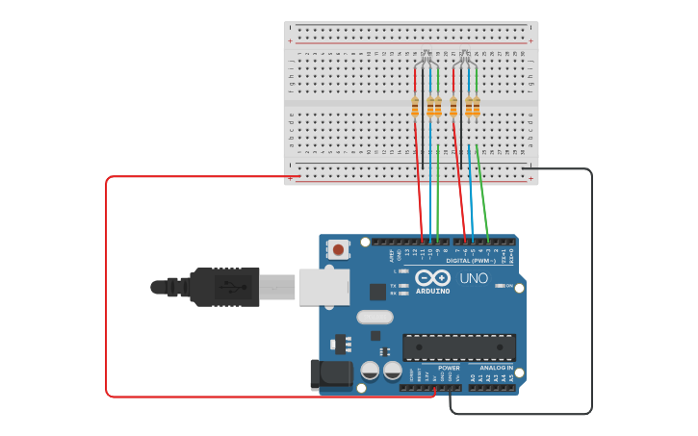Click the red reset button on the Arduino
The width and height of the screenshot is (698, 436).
[x=338, y=249]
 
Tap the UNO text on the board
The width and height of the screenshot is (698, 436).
[x=474, y=278]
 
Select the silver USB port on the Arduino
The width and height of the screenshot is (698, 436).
[x=323, y=287]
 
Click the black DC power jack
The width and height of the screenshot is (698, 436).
[x=330, y=374]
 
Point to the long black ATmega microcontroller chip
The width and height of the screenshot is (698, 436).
[x=458, y=347]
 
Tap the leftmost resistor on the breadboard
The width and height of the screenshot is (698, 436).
[x=415, y=106]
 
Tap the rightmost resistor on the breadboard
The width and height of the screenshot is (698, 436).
[x=477, y=106]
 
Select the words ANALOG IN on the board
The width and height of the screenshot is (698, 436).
[x=496, y=368]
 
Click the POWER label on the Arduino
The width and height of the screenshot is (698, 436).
[x=449, y=368]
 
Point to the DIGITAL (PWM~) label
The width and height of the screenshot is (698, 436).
[x=471, y=261]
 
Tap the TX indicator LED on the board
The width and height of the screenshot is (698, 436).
[x=403, y=286]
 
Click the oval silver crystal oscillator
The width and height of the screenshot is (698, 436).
[x=375, y=317]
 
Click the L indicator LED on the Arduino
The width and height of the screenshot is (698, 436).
[x=403, y=271]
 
